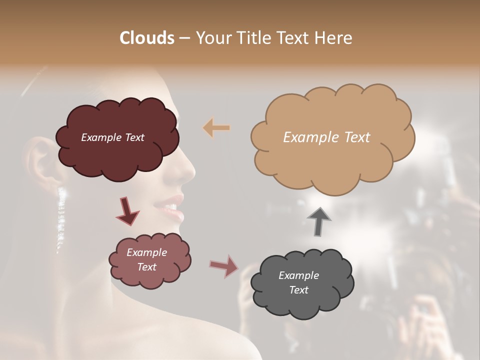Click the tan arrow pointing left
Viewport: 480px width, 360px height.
tap(216, 128)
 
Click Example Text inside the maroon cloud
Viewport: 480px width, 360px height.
tap(112, 137)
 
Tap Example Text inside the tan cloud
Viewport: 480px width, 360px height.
tap(326, 137)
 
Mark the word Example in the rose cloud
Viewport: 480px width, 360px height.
tap(146, 252)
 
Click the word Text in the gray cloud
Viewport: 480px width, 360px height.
tap(298, 290)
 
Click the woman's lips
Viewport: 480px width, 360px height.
tap(172, 207)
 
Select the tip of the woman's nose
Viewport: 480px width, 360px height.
tap(190, 172)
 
